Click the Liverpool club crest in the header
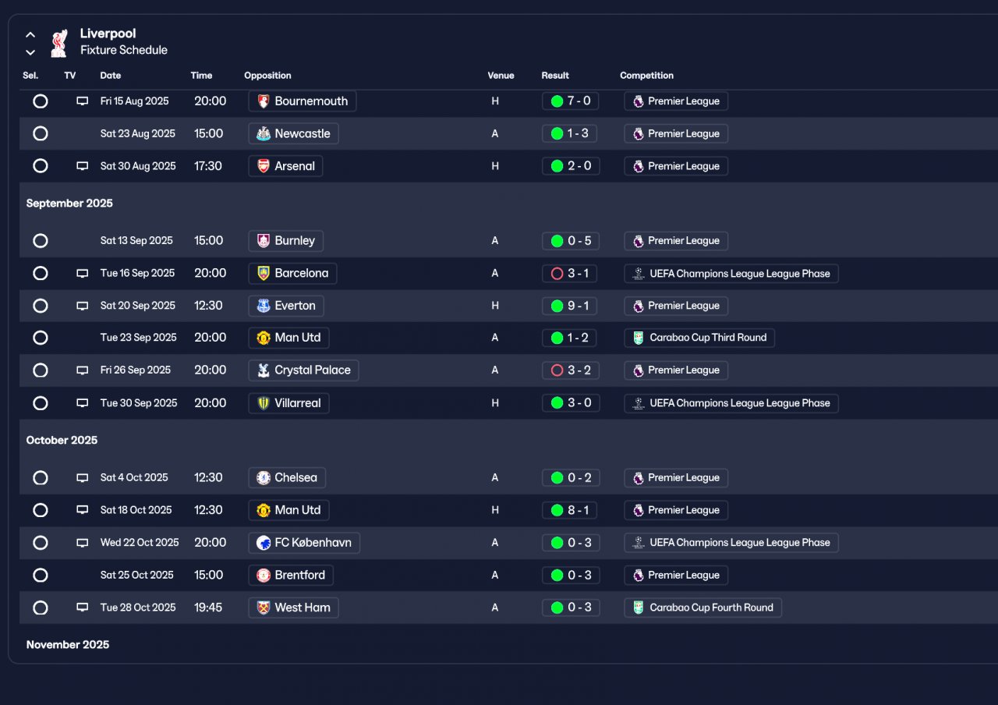58,44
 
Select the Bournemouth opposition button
303,101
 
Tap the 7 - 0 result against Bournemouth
570,101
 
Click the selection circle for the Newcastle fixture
41,133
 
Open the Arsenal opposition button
285,166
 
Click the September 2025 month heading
69,204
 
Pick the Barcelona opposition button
292,274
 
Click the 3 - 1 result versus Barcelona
570,274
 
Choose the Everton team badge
264,306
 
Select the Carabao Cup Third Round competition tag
699,338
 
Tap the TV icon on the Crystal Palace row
82,370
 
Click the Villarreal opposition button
288,403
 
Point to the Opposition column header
267,76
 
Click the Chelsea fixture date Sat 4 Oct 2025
134,478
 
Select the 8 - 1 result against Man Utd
570,511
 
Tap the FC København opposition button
304,543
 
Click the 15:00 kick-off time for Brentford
208,576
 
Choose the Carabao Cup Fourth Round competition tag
702,608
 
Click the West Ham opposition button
293,608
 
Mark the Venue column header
501,76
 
